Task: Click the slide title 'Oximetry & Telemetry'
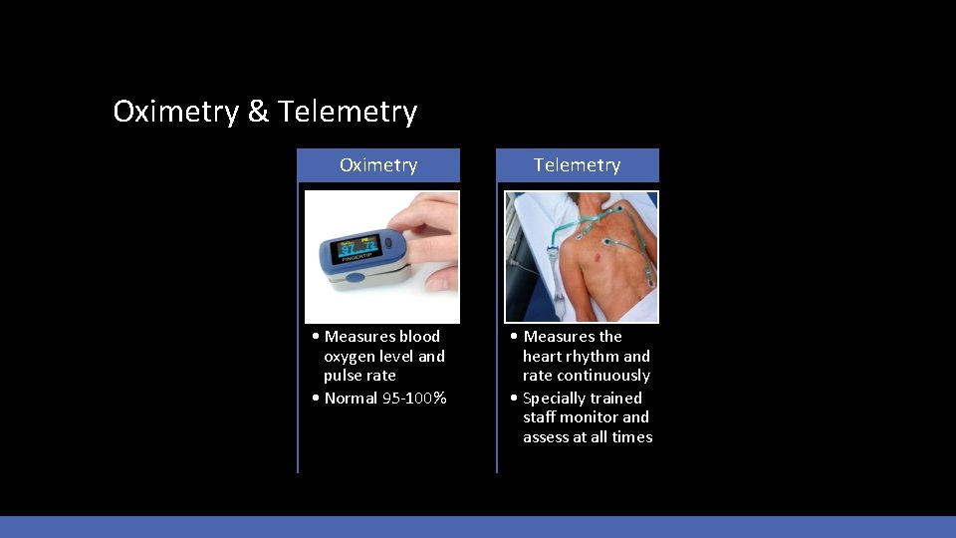[x=265, y=112]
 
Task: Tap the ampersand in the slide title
[x=258, y=112]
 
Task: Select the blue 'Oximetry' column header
[x=378, y=165]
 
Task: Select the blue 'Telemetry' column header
[x=577, y=165]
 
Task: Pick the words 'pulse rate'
[x=359, y=376]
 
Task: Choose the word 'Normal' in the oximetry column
[x=351, y=399]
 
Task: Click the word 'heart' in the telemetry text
[x=544, y=357]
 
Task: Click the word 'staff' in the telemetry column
[x=541, y=417]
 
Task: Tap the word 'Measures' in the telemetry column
[x=559, y=337]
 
